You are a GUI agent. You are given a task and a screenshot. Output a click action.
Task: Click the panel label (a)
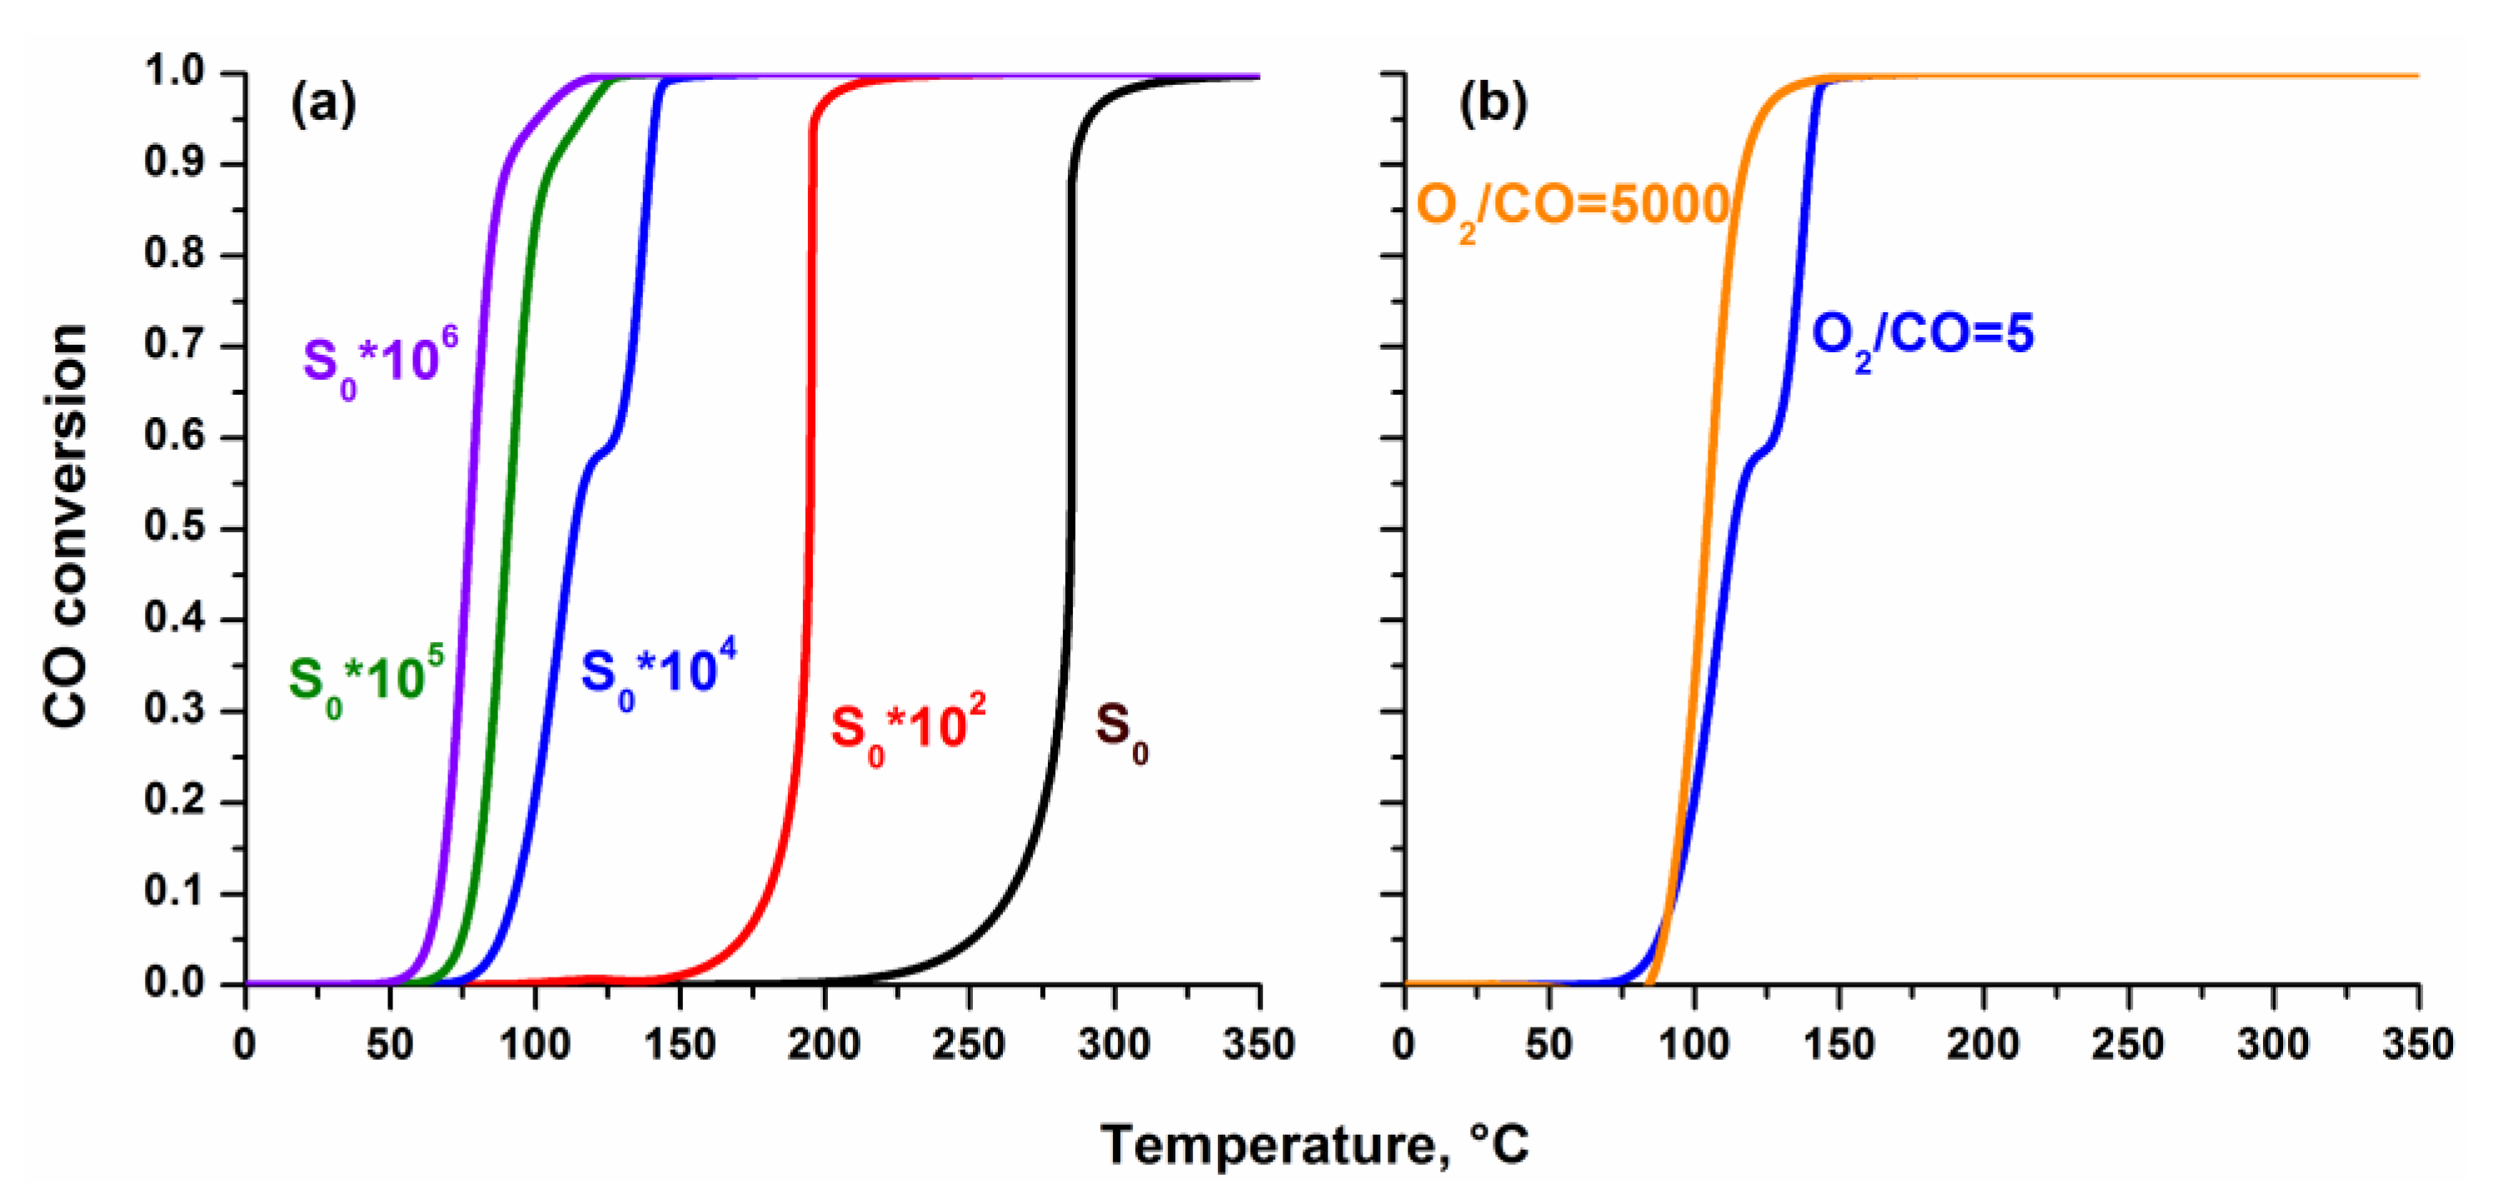point(323,103)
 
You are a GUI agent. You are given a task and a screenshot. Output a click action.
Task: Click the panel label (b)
point(1493,103)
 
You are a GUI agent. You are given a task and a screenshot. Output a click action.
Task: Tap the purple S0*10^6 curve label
point(379,363)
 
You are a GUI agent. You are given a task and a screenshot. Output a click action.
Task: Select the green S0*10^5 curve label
point(366,680)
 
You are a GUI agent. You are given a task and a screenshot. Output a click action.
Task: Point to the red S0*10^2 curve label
point(908,729)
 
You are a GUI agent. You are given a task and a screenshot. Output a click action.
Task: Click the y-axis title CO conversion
point(66,527)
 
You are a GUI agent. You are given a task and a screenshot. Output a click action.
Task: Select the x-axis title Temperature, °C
point(1314,1145)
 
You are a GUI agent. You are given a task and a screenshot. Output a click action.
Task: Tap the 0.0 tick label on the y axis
point(174,983)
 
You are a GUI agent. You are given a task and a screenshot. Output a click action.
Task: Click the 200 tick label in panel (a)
point(824,1045)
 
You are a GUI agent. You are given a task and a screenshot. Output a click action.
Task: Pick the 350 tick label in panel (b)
point(2416,1045)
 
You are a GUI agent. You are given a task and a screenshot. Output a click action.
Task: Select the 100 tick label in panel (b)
point(1693,1045)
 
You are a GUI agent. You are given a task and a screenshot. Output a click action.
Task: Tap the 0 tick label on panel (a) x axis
point(245,1045)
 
